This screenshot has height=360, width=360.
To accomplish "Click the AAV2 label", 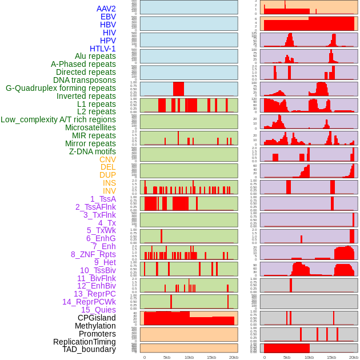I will tap(106, 9).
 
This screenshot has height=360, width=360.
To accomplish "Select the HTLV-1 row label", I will tap(102, 49).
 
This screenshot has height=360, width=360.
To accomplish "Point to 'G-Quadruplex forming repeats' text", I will tap(61, 88).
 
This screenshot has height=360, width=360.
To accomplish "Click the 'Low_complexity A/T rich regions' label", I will tap(58, 119).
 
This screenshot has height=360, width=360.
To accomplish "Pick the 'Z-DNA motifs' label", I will tap(92, 151).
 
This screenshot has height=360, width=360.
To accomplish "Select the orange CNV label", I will tap(107, 159).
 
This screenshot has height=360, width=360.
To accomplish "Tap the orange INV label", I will tap(109, 191).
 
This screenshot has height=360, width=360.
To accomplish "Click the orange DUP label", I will tap(107, 175).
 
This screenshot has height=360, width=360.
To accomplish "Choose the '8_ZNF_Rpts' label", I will tap(93, 254).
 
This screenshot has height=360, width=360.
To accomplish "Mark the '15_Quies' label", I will tap(98, 310).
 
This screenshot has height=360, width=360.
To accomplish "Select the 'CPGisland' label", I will tap(97, 318).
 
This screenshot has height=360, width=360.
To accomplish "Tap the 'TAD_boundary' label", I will tap(89, 349).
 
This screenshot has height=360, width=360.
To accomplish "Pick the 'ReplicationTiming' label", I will tap(84, 342).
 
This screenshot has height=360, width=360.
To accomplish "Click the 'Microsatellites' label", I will tap(90, 127).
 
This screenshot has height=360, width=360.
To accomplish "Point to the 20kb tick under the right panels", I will tap(354, 357).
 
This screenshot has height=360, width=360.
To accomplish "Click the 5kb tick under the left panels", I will tap(167, 357).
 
